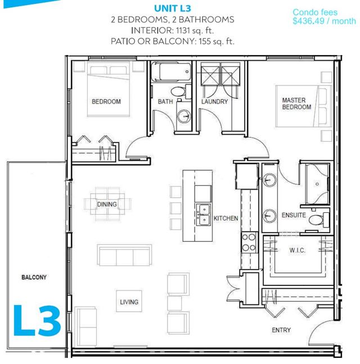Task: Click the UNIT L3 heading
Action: (173, 8)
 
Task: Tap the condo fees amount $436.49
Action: (308, 21)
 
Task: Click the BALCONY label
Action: (34, 277)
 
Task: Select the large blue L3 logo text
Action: (37, 321)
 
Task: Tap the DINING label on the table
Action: (107, 204)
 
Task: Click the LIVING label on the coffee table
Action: (129, 302)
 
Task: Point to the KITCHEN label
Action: (226, 218)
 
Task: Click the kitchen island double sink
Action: (204, 215)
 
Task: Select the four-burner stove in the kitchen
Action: (249, 242)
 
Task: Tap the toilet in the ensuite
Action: (318, 220)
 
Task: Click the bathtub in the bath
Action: (171, 72)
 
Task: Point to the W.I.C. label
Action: (297, 251)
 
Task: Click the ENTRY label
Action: (281, 330)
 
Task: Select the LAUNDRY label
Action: (214, 102)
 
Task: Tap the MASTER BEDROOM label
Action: (296, 103)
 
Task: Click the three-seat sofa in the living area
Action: (124, 255)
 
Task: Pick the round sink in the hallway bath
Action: (184, 116)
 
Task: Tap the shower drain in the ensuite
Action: (317, 184)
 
